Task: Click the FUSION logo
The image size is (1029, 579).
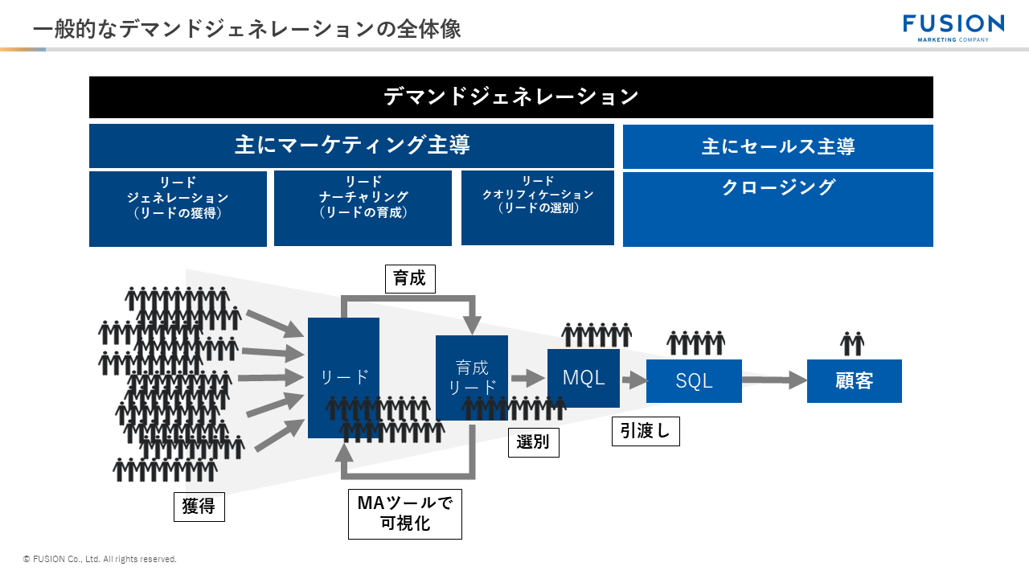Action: pyautogui.click(x=953, y=27)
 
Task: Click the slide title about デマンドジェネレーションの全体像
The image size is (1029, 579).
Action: pyautogui.click(x=247, y=29)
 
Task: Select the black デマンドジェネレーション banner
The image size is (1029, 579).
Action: pyautogui.click(x=510, y=97)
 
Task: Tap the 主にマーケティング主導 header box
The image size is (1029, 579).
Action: pyautogui.click(x=351, y=146)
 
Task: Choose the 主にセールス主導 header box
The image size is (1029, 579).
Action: pyautogui.click(x=777, y=146)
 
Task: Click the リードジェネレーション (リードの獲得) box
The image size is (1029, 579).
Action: pyautogui.click(x=178, y=207)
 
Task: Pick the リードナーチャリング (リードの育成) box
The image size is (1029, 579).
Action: pyautogui.click(x=363, y=207)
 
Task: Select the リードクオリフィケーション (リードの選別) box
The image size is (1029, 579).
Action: pyautogui.click(x=537, y=207)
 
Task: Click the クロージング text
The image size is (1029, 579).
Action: pyautogui.click(x=777, y=187)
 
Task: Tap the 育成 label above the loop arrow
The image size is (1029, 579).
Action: pyautogui.click(x=410, y=279)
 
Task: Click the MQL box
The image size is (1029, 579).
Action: pyautogui.click(x=584, y=378)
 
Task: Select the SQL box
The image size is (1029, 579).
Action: pyautogui.click(x=694, y=381)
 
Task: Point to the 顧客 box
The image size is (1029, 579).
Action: pyautogui.click(x=854, y=381)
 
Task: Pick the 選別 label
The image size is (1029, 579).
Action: pyautogui.click(x=533, y=442)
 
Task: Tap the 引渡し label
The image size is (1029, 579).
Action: pyautogui.click(x=646, y=431)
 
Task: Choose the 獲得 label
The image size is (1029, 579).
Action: pyautogui.click(x=199, y=507)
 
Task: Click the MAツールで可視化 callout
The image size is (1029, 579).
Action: pyautogui.click(x=404, y=513)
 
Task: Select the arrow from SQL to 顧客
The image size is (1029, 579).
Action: pyautogui.click(x=773, y=380)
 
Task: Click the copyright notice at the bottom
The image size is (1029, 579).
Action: pyautogui.click(x=100, y=559)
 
